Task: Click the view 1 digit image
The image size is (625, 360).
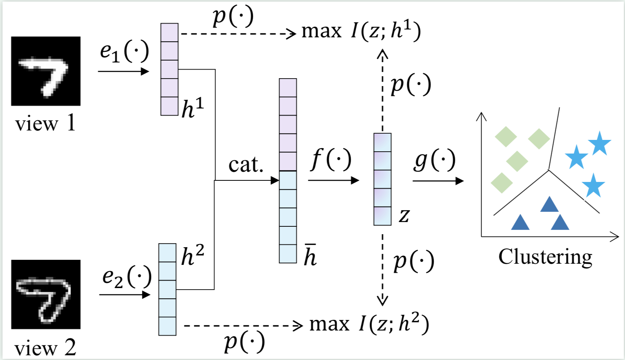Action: click(46, 71)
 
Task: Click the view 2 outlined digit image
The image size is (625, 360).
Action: click(46, 294)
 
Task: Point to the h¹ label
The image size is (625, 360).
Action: click(193, 108)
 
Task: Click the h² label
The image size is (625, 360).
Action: click(193, 255)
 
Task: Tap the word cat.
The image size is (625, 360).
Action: click(246, 165)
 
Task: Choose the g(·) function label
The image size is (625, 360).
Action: click(434, 160)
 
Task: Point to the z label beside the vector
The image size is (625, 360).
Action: click(404, 215)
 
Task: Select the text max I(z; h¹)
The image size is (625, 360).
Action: click(361, 31)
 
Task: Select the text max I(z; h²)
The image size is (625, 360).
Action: click(369, 324)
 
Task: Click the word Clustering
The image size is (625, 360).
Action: click(545, 257)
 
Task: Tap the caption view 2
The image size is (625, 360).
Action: click(45, 348)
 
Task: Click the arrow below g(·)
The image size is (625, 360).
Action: click(438, 181)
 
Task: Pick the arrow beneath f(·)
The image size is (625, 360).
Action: click(333, 180)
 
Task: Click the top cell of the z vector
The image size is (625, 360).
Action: click(382, 143)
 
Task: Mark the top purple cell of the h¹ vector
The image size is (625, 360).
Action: click(169, 33)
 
